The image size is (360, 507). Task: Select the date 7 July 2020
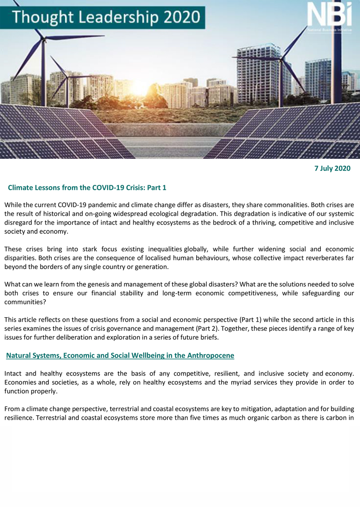click(x=332, y=169)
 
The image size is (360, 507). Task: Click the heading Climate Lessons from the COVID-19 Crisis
click(x=87, y=187)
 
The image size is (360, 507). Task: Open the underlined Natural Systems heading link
click(x=120, y=355)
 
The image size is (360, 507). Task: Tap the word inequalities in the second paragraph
click(x=160, y=249)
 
